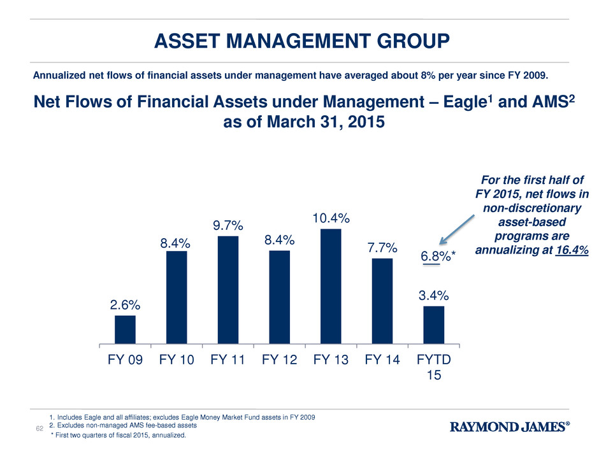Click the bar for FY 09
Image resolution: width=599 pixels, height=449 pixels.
pyautogui.click(x=125, y=329)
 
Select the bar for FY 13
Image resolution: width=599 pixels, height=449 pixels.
pyautogui.click(x=331, y=286)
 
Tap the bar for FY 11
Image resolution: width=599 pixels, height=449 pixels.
pyautogui.click(x=228, y=290)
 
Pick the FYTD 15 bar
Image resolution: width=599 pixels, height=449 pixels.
pyautogui.click(x=433, y=325)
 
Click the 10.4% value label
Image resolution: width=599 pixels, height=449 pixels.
pyautogui.click(x=331, y=218)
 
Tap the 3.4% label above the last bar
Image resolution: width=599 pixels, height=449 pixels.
pyautogui.click(x=433, y=296)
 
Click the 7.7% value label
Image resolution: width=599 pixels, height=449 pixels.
pyautogui.click(x=382, y=247)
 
